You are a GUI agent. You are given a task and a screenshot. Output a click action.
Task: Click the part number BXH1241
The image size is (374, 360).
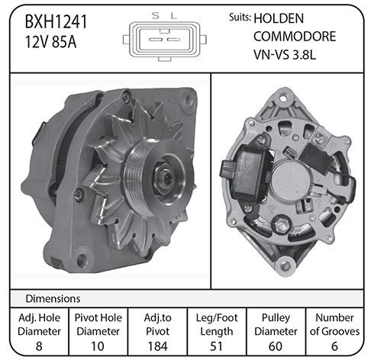56,22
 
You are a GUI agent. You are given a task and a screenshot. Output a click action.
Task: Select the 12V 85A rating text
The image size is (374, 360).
50,42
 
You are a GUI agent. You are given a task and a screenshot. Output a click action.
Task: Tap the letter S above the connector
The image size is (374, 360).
155,16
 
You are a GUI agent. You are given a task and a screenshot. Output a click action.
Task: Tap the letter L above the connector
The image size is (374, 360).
173,16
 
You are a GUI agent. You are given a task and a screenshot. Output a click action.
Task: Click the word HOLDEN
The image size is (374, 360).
279,18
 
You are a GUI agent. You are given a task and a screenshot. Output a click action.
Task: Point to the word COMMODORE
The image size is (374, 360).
295,37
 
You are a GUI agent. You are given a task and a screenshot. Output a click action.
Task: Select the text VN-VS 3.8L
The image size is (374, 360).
285,54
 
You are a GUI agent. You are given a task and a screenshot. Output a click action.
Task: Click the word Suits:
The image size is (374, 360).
240,18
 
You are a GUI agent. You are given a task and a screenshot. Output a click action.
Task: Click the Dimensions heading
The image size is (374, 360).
53,299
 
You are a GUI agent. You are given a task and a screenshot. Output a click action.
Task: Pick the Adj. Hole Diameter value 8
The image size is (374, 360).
39,346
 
